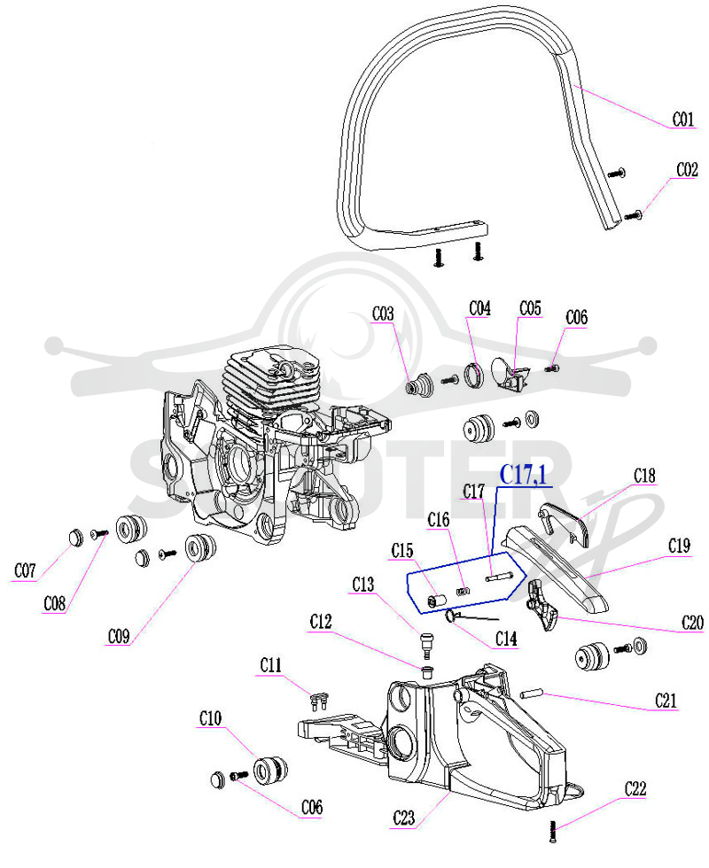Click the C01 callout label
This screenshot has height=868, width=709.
click(683, 119)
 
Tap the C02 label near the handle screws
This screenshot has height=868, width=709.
click(688, 169)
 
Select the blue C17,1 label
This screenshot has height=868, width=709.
click(523, 475)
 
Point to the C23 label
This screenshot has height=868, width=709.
click(403, 818)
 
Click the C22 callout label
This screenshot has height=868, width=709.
click(635, 788)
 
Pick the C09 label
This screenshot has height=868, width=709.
click(119, 636)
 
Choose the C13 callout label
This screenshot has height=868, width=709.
click(363, 584)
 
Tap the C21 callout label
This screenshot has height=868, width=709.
click(666, 701)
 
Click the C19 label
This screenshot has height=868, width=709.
click(680, 546)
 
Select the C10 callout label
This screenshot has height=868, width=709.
click(211, 718)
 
